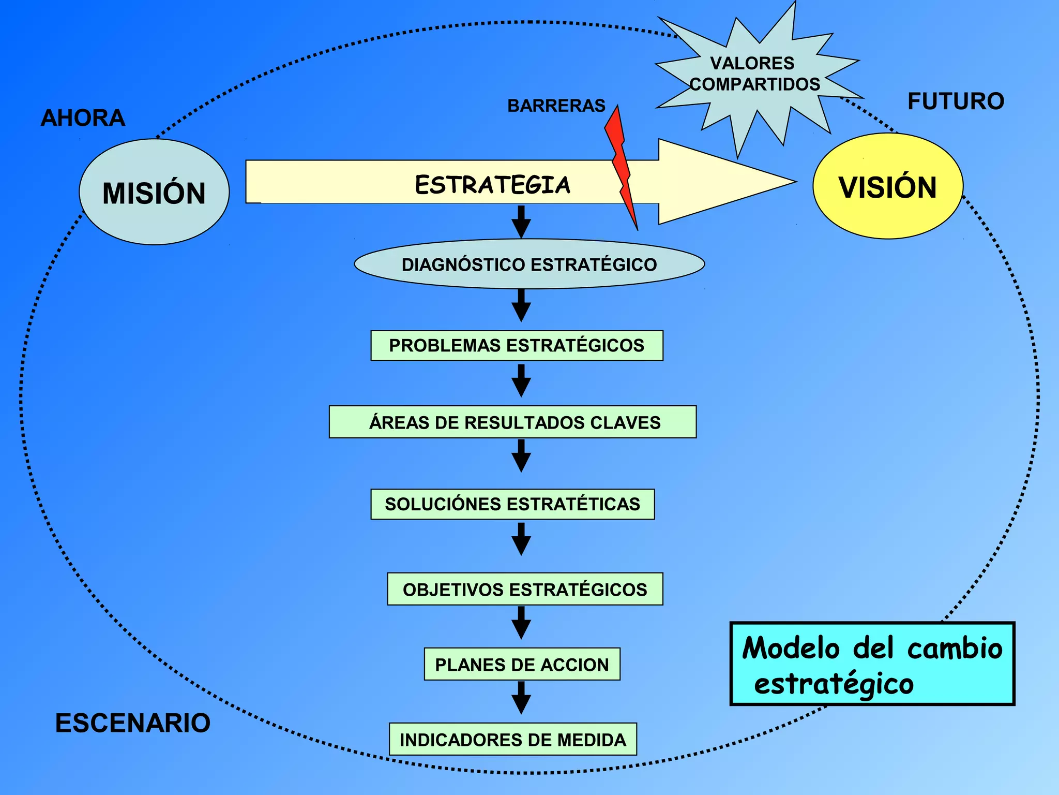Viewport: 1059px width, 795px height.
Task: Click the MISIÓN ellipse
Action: [x=154, y=192]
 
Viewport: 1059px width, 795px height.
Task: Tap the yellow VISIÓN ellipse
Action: [x=888, y=186]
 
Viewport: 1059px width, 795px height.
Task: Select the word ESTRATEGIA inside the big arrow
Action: [x=492, y=185]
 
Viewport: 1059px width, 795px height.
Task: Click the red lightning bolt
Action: [x=622, y=166]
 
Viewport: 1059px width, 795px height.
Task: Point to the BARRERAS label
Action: [x=556, y=106]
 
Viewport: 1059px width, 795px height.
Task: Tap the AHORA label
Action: [x=83, y=118]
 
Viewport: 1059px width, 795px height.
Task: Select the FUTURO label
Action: [x=956, y=101]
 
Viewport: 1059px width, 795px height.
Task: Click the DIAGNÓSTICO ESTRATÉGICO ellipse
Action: [x=529, y=264]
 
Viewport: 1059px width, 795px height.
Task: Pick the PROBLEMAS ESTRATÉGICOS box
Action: [x=517, y=345]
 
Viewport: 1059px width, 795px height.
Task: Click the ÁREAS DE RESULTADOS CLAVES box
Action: [x=512, y=422]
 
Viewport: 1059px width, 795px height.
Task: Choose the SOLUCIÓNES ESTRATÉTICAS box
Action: [x=512, y=504]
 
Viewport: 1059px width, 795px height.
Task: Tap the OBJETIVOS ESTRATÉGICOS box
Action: [x=525, y=589]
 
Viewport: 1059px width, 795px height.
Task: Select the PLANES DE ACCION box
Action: [x=522, y=664]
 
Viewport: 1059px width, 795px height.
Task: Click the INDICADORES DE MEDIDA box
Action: [x=512, y=739]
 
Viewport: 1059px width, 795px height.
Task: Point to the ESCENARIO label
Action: [x=132, y=723]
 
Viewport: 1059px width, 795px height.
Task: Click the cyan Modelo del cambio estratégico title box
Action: [x=872, y=664]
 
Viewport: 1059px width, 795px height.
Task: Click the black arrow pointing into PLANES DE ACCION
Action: [x=521, y=623]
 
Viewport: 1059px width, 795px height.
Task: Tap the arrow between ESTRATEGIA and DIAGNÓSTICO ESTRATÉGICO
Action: [x=521, y=222]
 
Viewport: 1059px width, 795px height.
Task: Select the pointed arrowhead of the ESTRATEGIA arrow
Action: [x=724, y=182]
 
